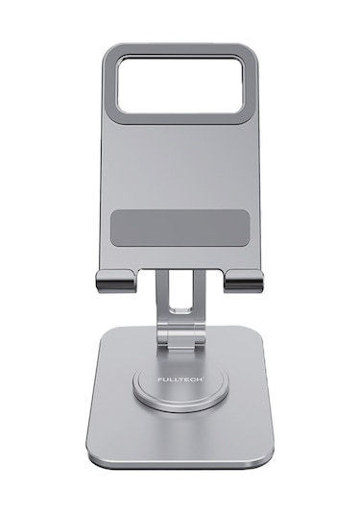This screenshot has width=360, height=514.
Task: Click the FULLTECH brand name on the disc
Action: tap(180, 379)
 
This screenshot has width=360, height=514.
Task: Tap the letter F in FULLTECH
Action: tap(159, 379)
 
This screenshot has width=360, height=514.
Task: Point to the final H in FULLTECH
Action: tap(200, 379)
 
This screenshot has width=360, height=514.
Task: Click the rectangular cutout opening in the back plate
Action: tap(180, 86)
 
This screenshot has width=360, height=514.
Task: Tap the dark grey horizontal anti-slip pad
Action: tap(180, 228)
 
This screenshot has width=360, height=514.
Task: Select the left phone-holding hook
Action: tap(115, 281)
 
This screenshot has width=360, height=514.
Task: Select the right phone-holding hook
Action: tap(244, 281)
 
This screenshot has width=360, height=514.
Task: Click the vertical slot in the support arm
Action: tap(180, 291)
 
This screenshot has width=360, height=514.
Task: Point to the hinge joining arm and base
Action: tap(180, 337)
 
